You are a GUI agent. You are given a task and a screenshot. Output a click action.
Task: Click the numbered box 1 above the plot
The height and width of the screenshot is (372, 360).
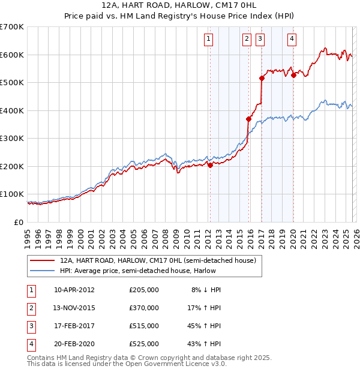pos(208,40)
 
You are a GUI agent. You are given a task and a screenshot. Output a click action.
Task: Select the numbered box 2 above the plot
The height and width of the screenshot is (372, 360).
pos(247,40)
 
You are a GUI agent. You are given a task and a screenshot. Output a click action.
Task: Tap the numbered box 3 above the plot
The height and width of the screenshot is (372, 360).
pos(260,40)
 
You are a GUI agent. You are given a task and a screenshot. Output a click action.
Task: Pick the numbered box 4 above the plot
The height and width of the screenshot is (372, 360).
pos(292,40)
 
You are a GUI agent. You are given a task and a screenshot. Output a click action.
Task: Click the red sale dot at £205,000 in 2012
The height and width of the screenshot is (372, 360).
pos(210,165)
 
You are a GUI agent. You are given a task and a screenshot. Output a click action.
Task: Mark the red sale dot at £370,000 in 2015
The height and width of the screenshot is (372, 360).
pos(248,119)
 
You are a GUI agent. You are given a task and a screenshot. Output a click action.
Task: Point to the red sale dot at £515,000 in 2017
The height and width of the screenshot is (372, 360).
pos(262,78)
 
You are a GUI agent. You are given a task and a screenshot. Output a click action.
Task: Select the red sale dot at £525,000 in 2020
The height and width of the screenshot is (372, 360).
pos(293,76)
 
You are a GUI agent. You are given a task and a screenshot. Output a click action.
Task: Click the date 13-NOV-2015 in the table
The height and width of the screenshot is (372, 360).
pos(74,308)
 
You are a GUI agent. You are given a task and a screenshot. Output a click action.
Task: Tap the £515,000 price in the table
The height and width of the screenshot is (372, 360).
pos(144,326)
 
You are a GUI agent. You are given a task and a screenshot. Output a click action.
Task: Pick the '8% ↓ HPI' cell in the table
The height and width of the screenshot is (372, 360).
pos(206,290)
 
